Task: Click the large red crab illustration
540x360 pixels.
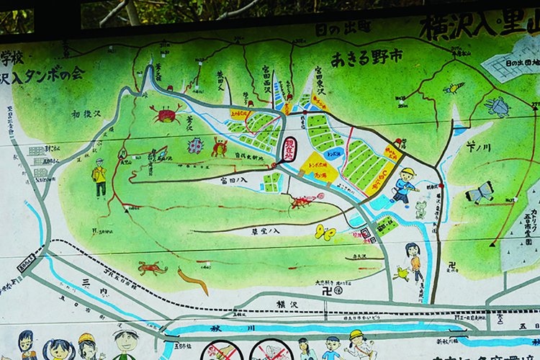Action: tap(166, 114)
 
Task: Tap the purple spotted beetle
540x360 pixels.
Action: tap(195, 146)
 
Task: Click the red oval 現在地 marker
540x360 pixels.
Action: tap(289, 148)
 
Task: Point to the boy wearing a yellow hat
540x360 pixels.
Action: tap(405, 186)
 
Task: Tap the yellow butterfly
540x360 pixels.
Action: tap(325, 232)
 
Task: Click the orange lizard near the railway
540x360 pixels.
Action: tap(152, 269)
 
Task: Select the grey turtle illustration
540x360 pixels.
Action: tap(498, 107)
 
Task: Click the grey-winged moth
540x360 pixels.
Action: tap(480, 192)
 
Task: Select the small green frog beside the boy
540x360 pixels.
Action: tap(420, 209)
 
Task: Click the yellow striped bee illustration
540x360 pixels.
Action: tap(454, 88)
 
